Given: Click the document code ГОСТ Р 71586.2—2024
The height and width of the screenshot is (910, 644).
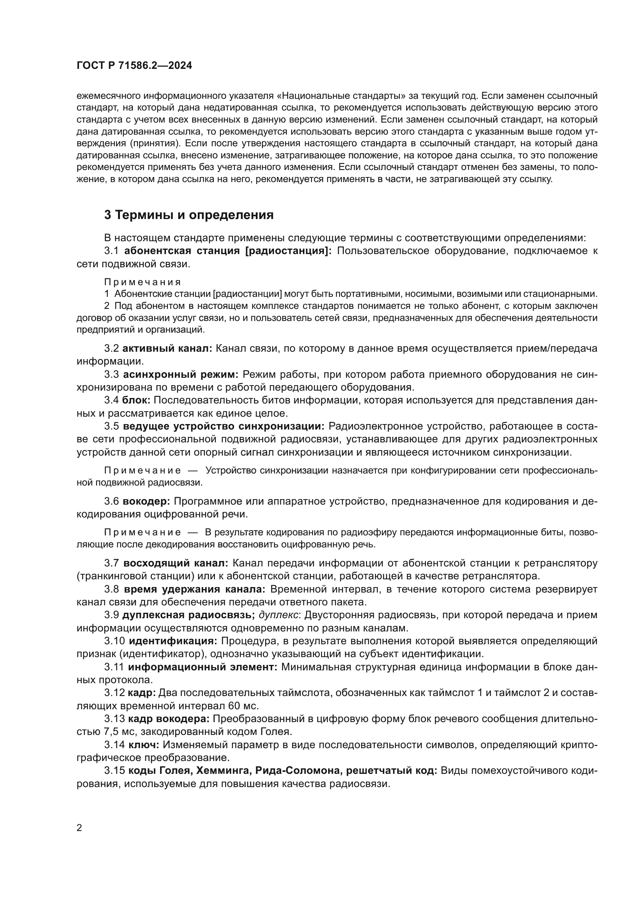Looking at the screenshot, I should click(134, 66).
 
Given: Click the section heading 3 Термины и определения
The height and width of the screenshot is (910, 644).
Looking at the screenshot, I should click(189, 215).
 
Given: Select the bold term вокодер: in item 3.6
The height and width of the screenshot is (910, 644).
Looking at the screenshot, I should click(146, 501).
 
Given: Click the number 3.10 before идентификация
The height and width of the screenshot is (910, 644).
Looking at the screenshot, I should click(114, 641).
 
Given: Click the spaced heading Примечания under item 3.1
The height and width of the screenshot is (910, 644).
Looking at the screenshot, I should click(143, 282).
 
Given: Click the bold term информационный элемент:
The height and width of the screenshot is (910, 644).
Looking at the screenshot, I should click(202, 667).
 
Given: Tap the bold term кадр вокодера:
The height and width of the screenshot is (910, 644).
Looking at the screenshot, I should click(171, 719).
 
